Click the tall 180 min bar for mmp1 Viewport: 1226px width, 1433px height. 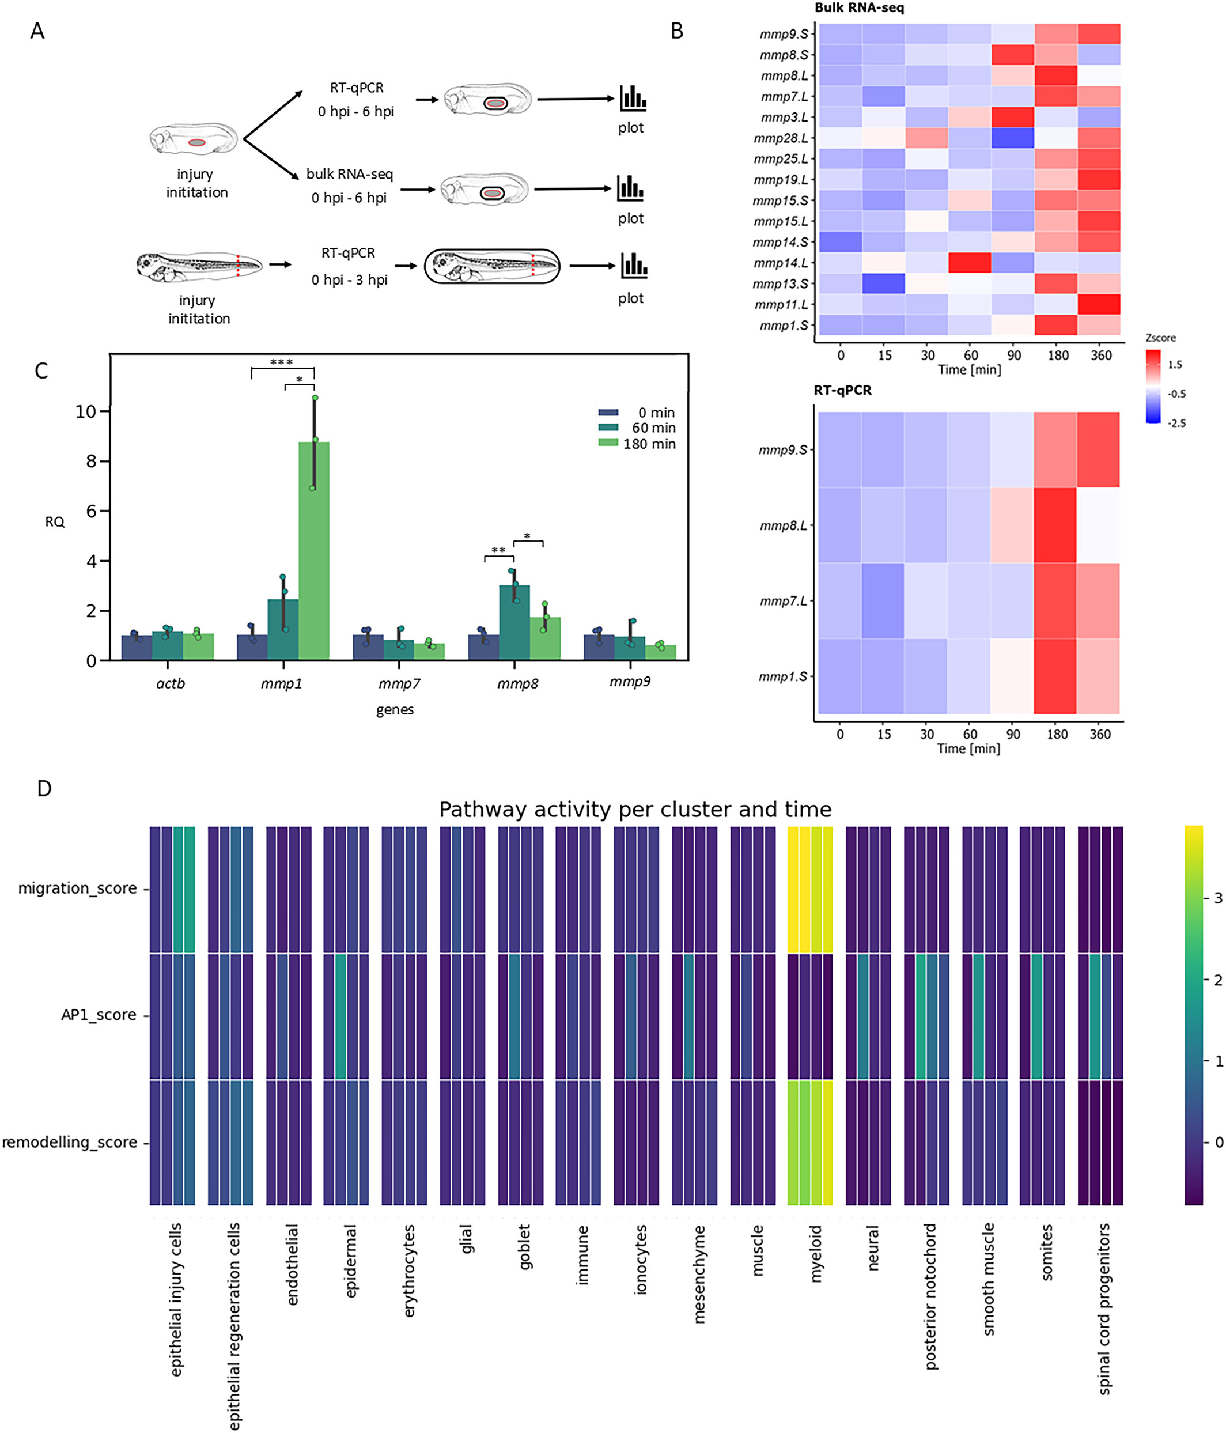coord(314,550)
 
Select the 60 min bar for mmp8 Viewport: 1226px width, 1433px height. coord(514,622)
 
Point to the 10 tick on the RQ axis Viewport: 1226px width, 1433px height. coord(85,411)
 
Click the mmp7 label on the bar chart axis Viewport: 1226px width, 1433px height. coord(399,683)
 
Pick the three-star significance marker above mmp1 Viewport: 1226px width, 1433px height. coord(281,362)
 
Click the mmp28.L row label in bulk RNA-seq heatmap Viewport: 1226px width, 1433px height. coord(781,138)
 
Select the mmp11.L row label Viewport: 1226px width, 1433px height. coord(781,304)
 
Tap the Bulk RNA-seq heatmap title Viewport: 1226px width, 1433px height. coord(859,8)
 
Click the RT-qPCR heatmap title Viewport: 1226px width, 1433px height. coord(842,390)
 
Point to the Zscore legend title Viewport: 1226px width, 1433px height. coord(1160,338)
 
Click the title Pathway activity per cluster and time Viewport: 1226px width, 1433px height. coord(635,809)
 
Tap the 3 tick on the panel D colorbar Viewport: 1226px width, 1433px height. coord(1218,898)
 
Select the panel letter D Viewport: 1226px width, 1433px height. coord(44,788)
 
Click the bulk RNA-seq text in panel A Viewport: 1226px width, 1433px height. coord(349,174)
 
